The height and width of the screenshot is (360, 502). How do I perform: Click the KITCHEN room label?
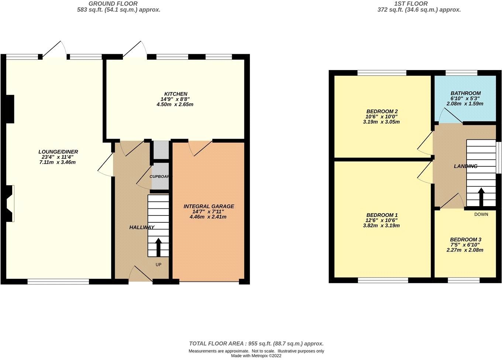[176, 94]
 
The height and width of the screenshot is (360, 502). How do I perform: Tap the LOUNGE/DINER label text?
[58, 152]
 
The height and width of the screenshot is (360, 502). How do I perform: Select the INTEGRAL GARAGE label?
[209, 206]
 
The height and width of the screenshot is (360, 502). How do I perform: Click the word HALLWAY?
[142, 227]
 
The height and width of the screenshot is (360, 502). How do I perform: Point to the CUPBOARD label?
[159, 176]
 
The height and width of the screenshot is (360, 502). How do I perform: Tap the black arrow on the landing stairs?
[481, 197]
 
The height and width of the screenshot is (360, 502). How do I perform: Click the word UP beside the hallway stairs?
[158, 264]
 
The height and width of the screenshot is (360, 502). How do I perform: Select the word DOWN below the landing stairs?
[481, 214]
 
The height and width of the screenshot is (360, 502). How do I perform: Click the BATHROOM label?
[465, 93]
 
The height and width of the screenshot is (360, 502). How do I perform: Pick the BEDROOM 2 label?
[382, 111]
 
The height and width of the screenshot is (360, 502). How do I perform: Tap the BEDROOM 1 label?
[382, 215]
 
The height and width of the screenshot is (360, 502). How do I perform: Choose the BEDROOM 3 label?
[465, 239]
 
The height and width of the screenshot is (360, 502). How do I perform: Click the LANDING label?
[465, 166]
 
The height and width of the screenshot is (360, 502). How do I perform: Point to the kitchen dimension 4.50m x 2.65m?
[175, 104]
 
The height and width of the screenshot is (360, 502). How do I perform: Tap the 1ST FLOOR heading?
[419, 4]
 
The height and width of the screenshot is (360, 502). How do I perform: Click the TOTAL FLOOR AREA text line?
[256, 343]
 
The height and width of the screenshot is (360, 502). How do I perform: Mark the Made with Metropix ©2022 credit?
[256, 356]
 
